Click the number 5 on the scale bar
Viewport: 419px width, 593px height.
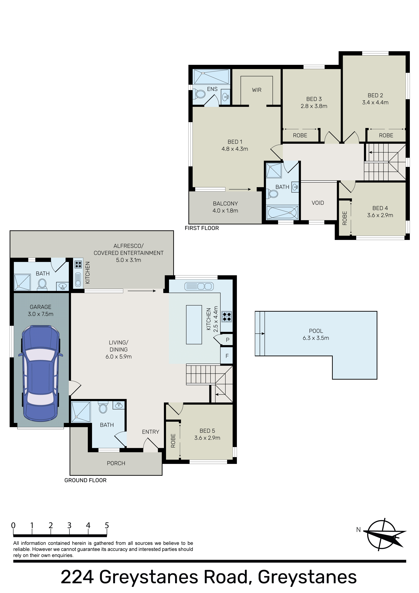pos(107,526)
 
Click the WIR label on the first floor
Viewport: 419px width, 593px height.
pos(257,90)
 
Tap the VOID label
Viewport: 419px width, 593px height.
pos(318,203)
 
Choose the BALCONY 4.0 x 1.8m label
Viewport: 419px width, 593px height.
pos(225,207)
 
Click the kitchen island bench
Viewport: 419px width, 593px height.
pos(194,325)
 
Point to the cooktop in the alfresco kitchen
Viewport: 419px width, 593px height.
pos(78,264)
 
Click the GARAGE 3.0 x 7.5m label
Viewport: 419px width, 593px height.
pos(40,310)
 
